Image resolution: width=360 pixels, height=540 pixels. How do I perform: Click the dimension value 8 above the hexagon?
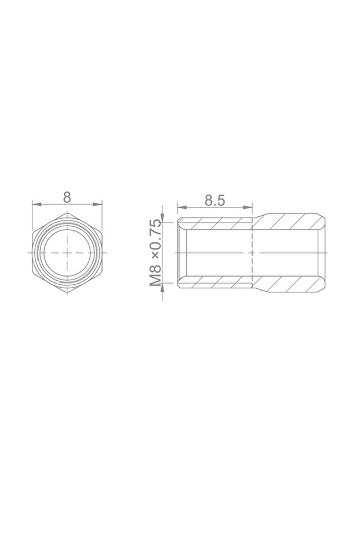67,197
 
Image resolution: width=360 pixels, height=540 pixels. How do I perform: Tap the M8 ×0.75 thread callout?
155,253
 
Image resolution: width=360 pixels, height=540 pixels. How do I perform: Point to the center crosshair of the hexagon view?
67,253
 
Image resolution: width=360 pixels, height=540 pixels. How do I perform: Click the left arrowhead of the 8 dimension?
35,204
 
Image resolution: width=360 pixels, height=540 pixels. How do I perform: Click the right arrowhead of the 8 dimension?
99,204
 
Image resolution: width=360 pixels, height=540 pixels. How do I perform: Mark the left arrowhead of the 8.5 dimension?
180,207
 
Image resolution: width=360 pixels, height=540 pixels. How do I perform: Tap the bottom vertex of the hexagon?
67,293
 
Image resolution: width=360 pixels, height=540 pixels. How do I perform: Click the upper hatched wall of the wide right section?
290,222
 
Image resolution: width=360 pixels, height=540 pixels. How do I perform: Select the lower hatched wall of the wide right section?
290,285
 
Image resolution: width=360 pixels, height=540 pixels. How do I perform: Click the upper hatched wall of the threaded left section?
214,223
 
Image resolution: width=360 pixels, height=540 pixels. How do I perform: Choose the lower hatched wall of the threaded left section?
214,283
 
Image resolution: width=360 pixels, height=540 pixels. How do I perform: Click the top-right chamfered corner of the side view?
322,219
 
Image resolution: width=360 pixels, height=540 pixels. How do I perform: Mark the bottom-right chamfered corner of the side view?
322,288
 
